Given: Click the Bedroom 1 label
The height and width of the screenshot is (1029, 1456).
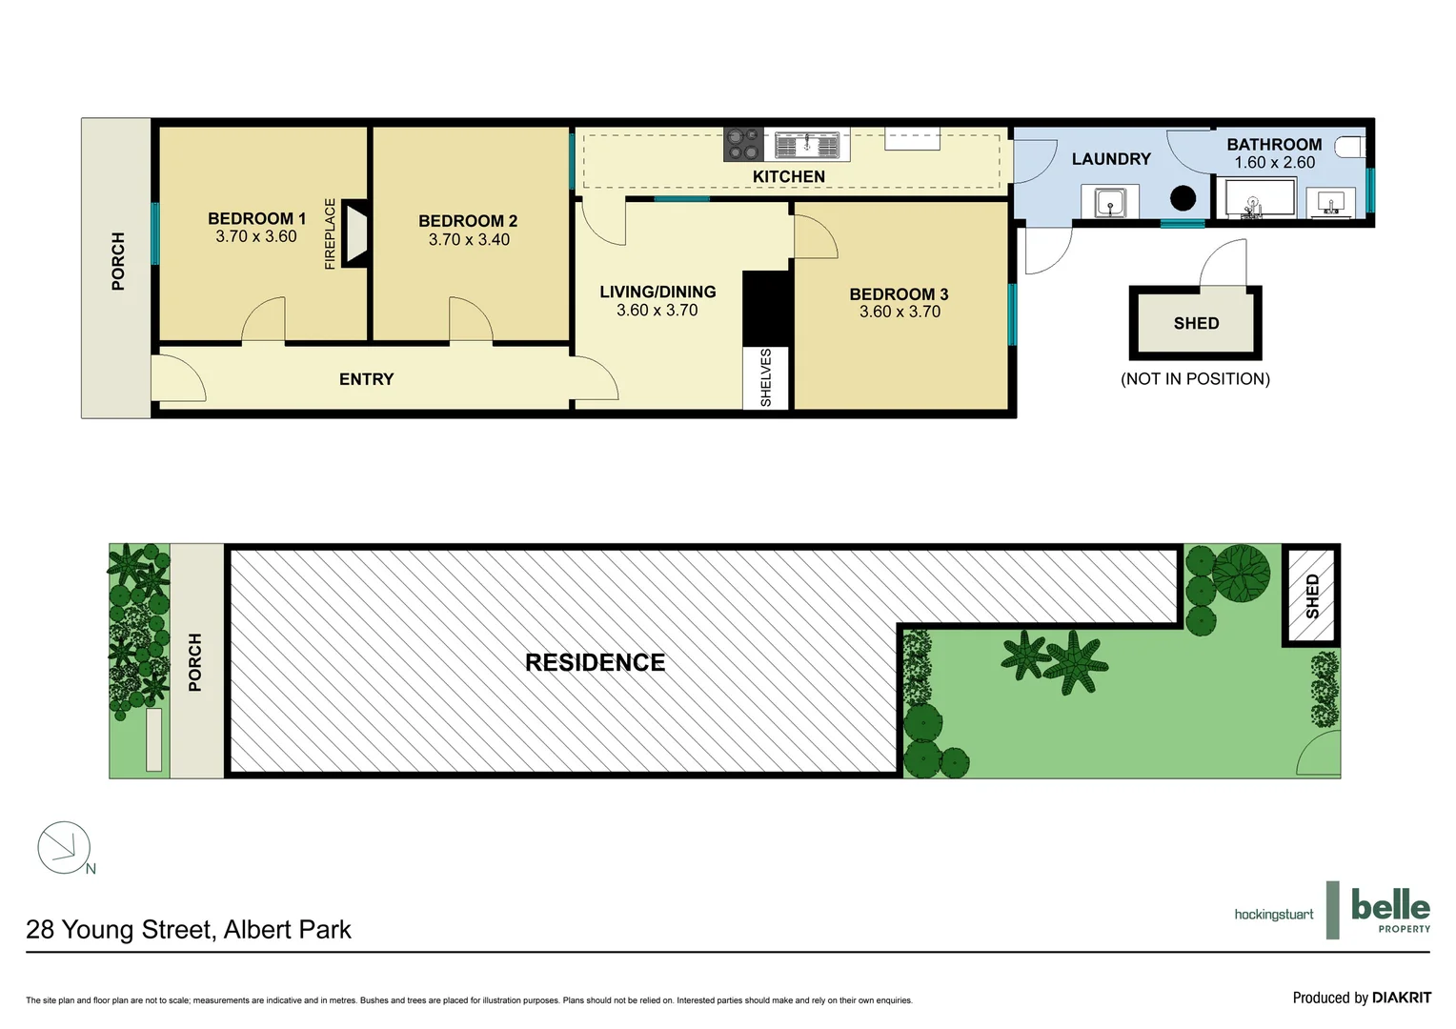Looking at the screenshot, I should (256, 218).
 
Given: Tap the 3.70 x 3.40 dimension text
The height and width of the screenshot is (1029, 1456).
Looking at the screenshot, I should (469, 240).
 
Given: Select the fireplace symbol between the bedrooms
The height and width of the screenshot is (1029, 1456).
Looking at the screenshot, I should (354, 232).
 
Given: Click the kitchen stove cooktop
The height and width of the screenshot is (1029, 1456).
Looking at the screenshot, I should (742, 145).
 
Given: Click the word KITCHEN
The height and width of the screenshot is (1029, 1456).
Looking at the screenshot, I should (788, 176).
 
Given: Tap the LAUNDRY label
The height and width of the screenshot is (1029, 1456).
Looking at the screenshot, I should (1111, 159).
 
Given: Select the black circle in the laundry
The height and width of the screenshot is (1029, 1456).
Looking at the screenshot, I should (1183, 198).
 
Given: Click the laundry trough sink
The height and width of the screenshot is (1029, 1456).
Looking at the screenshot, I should (1109, 202).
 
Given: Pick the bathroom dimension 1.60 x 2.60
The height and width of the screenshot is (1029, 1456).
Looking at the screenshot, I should (1274, 163).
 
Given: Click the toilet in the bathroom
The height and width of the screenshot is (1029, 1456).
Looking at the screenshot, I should (1349, 147).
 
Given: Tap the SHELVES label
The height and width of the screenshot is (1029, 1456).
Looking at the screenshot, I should (766, 378).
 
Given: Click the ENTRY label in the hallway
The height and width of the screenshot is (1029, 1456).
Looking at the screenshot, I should (366, 379).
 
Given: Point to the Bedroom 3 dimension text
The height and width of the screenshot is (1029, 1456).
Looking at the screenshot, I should (900, 312).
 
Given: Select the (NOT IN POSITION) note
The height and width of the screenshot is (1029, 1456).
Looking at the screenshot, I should (1195, 379).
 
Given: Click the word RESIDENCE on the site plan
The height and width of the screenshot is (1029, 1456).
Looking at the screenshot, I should (595, 662).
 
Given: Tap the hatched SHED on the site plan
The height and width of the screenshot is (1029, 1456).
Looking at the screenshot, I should (1311, 595).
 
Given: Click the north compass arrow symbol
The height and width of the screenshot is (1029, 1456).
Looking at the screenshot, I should (64, 847).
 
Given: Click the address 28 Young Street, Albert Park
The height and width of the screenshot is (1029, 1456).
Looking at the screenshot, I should (189, 930).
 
